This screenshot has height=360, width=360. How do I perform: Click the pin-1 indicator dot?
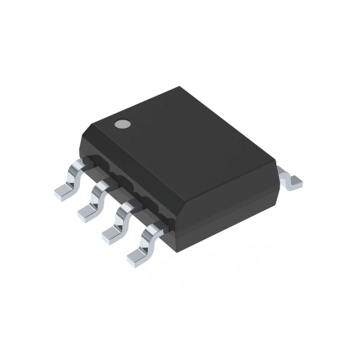click(123, 123)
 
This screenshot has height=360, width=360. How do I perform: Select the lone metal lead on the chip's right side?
click(290, 180)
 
